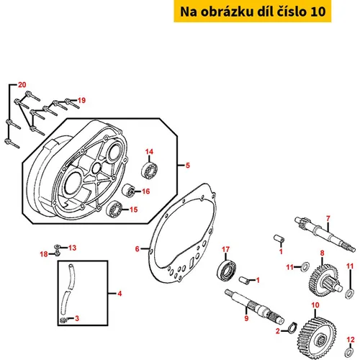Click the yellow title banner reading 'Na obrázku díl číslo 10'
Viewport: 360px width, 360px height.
tap(253, 12)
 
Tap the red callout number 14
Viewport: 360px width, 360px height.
tap(149, 152)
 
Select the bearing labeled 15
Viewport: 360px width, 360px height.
tap(114, 209)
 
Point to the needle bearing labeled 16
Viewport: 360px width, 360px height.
tap(128, 191)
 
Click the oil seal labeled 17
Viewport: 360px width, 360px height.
tap(226, 269)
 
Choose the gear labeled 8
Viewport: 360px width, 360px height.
tap(325, 279)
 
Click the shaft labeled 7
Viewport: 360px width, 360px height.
tap(325, 235)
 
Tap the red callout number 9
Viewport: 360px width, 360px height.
tap(246, 318)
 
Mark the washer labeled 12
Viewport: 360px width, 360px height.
tap(348, 351)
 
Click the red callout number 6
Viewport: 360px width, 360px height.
tap(137, 249)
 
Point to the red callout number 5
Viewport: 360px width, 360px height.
tap(188, 166)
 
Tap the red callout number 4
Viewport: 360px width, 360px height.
tap(120, 294)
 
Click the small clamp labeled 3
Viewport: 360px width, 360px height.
tap(63, 320)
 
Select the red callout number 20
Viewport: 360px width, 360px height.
tap(22, 85)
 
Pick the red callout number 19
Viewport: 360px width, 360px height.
tap(81, 100)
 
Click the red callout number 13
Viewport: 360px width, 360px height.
tap(72, 248)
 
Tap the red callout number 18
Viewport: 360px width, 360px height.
tap(44, 254)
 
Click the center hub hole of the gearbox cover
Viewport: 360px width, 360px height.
tap(97, 167)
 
